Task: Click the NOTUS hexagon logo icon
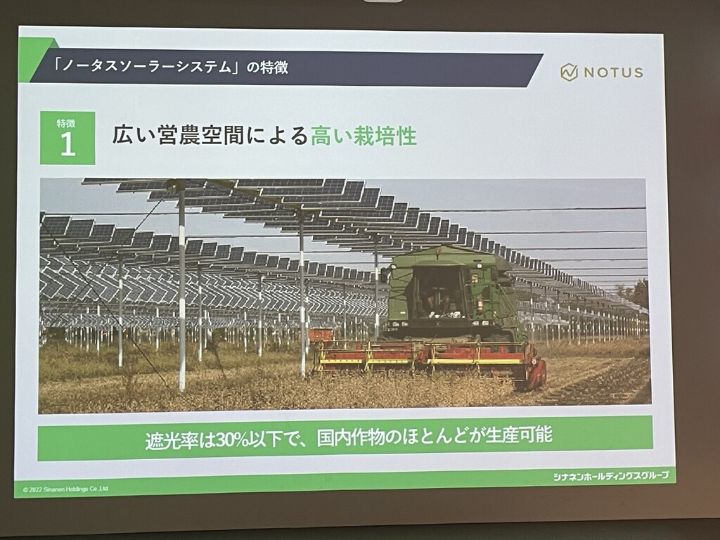pyautogui.click(x=569, y=72)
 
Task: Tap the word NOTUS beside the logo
pyautogui.click(x=613, y=72)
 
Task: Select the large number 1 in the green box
pyautogui.click(x=67, y=144)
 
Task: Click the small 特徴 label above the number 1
pyautogui.click(x=66, y=123)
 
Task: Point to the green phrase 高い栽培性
pyautogui.click(x=364, y=136)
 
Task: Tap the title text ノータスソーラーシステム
pyautogui.click(x=147, y=67)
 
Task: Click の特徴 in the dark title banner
pyautogui.click(x=267, y=67)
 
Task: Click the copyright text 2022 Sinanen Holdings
pyautogui.click(x=65, y=489)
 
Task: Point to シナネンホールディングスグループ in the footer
pyautogui.click(x=611, y=476)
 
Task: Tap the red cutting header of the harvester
pyautogui.click(x=430, y=359)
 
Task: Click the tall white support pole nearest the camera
pyautogui.click(x=182, y=285)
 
